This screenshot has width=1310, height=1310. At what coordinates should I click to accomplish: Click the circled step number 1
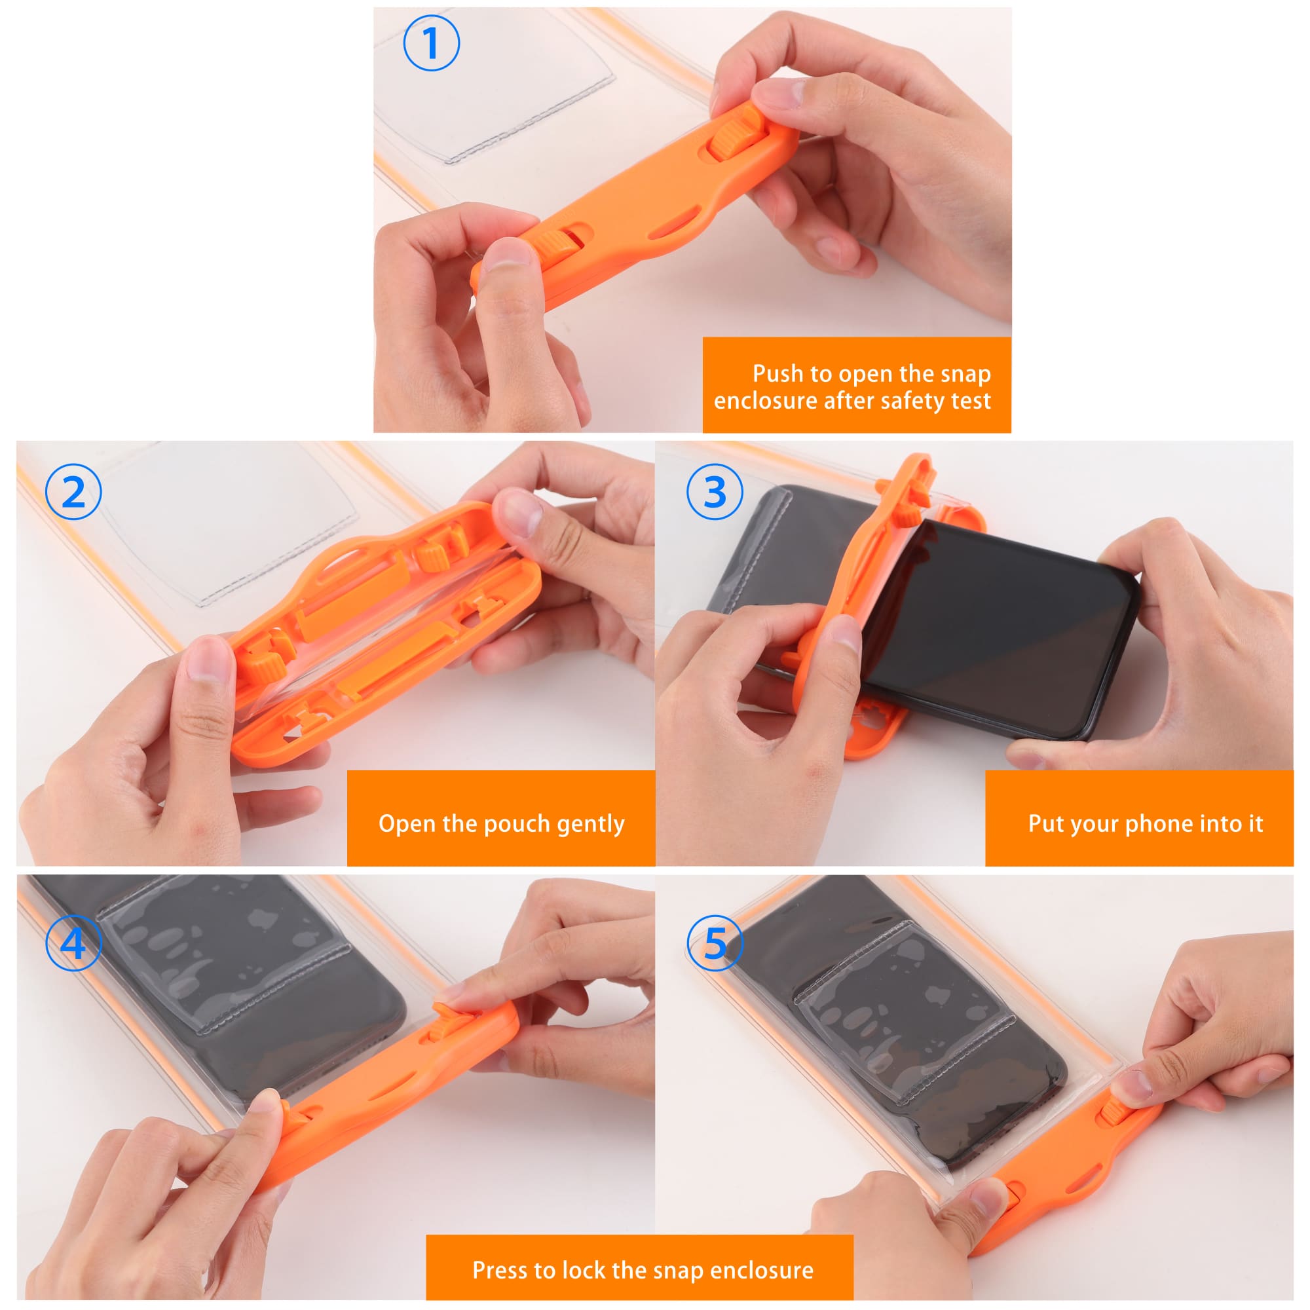[x=431, y=43]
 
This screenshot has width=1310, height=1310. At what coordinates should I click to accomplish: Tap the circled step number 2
[x=73, y=492]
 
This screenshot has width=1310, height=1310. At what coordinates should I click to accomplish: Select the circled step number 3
[x=715, y=492]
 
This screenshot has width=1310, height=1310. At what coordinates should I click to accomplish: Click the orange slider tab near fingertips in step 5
[x=1114, y=1112]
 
